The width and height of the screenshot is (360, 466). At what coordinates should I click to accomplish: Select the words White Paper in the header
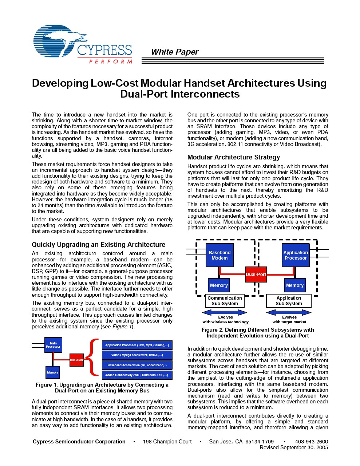pyautogui.click(x=175, y=52)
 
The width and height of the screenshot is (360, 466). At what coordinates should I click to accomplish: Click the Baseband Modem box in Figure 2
pyautogui.click(x=219, y=255)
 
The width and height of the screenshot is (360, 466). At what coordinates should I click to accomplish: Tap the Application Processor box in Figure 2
pyautogui.click(x=296, y=255)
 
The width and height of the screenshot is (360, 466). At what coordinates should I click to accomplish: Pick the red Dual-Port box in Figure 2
pyautogui.click(x=256, y=275)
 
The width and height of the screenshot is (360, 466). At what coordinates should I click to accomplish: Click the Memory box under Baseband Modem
pyautogui.click(x=219, y=285)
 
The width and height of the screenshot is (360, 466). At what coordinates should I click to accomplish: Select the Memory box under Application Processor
pyautogui.click(x=294, y=285)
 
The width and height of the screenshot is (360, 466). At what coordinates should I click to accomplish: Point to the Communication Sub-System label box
pyautogui.click(x=225, y=301)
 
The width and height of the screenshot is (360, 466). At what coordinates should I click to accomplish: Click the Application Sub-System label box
pyautogui.click(x=289, y=301)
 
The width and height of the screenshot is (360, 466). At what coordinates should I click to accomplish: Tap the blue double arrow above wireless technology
pyautogui.click(x=225, y=312)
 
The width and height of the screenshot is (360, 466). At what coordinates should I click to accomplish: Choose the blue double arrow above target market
pyautogui.click(x=289, y=312)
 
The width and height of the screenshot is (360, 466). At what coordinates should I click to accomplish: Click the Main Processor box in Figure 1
pyautogui.click(x=53, y=345)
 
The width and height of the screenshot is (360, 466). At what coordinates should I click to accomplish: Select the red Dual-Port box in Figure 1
pyautogui.click(x=76, y=360)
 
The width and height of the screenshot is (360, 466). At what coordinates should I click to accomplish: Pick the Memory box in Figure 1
pyautogui.click(x=53, y=372)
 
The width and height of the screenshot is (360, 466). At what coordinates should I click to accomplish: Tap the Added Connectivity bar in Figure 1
pyautogui.click(x=137, y=375)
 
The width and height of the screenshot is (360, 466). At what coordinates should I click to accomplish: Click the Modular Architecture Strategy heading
pyautogui.click(x=234, y=157)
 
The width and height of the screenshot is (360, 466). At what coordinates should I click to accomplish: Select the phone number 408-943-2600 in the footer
pyautogui.click(x=311, y=442)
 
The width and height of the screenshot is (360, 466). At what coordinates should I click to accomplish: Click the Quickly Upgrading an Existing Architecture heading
pyautogui.click(x=98, y=245)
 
